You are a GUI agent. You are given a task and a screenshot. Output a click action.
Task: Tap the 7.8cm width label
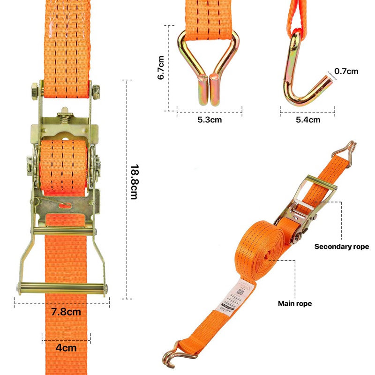click(66, 312)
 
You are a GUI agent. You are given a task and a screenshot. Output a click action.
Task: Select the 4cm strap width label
click(66, 348)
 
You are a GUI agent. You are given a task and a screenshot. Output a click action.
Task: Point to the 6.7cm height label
click(161, 67)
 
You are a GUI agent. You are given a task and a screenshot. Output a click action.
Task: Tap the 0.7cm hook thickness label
click(346, 71)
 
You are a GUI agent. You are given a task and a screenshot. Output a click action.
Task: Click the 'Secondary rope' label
click(341, 247)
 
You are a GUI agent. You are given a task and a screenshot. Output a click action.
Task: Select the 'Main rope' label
click(295, 304)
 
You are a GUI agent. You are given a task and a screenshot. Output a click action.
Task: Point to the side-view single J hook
click(305, 75)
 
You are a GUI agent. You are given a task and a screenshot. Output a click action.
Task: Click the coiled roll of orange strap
click(267, 253)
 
